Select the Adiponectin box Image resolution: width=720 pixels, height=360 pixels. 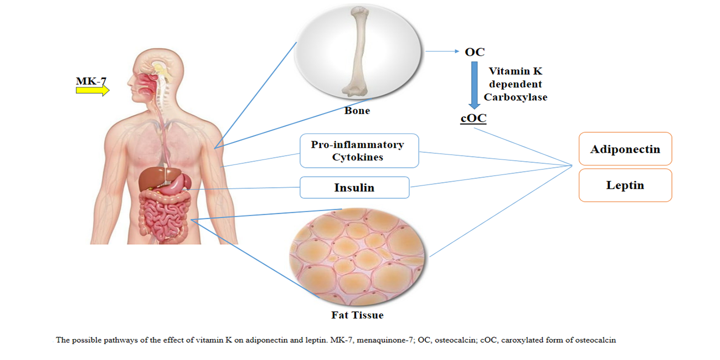point(625,149)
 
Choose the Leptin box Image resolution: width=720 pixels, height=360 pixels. point(625,185)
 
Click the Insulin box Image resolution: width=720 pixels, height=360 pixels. point(354,188)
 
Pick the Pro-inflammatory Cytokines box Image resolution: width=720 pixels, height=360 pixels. point(359,151)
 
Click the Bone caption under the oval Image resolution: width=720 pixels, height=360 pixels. point(357,111)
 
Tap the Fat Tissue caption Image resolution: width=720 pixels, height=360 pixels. point(357,315)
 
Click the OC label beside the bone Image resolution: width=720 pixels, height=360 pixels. point(475,52)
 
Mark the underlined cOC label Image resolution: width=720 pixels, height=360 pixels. point(473,119)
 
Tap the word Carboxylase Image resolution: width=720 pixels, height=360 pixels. point(515,97)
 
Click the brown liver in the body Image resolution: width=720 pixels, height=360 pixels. point(152,178)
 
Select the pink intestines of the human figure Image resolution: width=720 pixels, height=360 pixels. point(164,216)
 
